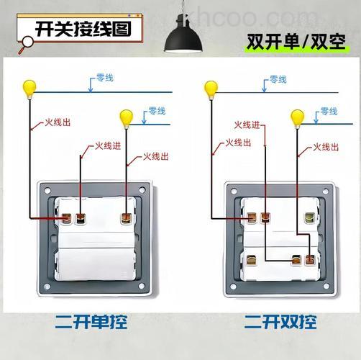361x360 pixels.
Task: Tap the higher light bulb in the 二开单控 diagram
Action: click(29, 88)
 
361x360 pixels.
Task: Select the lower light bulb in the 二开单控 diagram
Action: click(127, 117)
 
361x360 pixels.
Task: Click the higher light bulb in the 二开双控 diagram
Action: click(210, 89)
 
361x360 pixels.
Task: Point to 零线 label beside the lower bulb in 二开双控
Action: click(328, 111)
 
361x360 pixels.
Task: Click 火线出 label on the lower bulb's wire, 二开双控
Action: click(326, 148)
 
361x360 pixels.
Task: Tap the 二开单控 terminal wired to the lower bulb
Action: click(127, 216)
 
